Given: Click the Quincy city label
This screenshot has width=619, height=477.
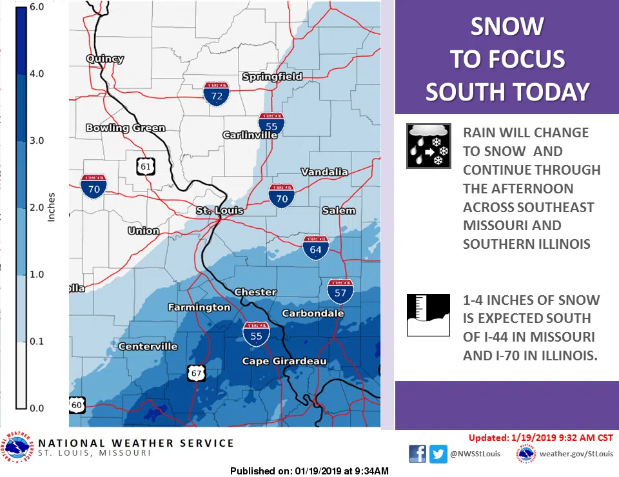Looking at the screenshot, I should click(104, 59).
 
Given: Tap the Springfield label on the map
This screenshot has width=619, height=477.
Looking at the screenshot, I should click(271, 77).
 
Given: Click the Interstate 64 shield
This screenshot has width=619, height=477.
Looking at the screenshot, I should click(316, 248).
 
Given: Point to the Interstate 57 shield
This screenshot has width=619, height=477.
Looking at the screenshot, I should click(340, 291).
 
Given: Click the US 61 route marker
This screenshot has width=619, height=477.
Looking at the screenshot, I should click(146, 166).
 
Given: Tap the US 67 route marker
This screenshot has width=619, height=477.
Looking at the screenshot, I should click(197, 372).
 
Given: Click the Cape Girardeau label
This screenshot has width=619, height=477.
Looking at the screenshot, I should click(284, 361).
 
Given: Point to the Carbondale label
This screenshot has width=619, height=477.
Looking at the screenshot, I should click(313, 313).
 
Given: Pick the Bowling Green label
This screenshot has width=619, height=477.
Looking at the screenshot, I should click(125, 128).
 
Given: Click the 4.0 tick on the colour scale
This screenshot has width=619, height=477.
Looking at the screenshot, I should click(36, 73).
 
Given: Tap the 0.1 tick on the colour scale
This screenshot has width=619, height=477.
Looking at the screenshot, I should click(36, 341).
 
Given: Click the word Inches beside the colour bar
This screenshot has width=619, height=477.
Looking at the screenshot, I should click(52, 207).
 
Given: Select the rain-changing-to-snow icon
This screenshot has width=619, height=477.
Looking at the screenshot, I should click(428, 146).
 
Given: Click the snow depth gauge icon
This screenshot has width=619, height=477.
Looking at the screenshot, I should click(428, 315).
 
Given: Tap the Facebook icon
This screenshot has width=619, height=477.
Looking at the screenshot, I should click(418, 454).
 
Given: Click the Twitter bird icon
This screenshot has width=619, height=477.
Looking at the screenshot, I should click(439, 454).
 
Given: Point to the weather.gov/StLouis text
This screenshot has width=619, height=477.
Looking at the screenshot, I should click(576, 454).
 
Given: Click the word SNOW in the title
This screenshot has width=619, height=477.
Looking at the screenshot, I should click(507, 27).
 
